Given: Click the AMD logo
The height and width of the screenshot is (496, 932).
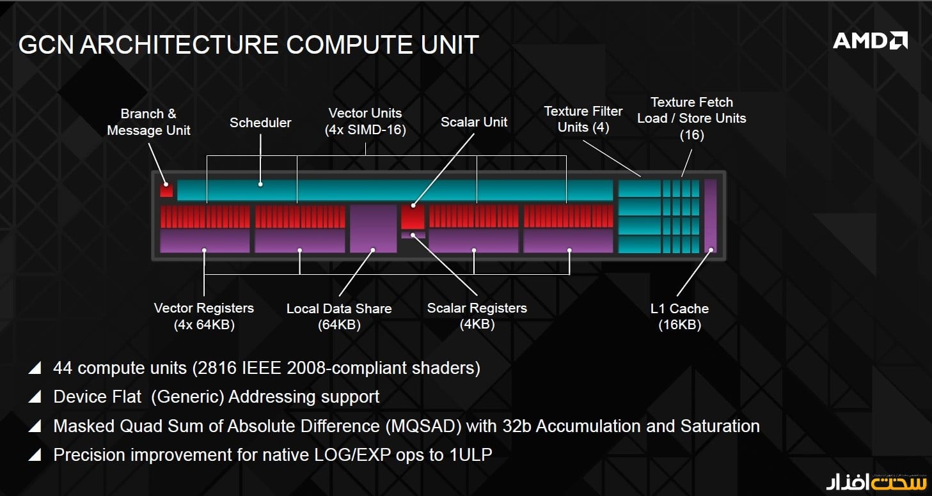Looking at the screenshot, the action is click(x=870, y=41).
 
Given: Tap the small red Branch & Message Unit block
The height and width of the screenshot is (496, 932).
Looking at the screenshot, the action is click(x=166, y=190).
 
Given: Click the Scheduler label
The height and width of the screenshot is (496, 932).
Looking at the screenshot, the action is click(x=260, y=123).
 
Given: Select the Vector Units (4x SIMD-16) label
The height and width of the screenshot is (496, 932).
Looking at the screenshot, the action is click(x=365, y=121).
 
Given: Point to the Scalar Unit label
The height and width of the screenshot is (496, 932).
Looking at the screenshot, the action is click(x=474, y=122).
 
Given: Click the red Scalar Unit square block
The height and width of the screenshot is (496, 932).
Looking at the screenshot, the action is click(x=413, y=217).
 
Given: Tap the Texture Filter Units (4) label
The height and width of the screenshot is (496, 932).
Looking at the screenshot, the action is click(x=583, y=119).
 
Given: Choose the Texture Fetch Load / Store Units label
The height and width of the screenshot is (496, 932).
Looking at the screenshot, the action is click(x=691, y=118).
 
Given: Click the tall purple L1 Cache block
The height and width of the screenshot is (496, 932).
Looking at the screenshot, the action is click(x=710, y=216).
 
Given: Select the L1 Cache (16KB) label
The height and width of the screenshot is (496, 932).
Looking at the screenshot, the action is click(x=679, y=316).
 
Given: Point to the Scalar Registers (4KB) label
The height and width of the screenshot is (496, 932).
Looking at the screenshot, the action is click(x=477, y=316).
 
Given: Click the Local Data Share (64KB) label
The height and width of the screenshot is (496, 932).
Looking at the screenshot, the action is click(x=339, y=316).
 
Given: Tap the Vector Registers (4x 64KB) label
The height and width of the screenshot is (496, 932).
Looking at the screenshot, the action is click(x=204, y=316).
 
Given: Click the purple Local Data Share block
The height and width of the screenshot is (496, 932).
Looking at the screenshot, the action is click(x=373, y=228).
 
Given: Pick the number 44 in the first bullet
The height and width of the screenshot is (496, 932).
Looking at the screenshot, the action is click(x=63, y=368).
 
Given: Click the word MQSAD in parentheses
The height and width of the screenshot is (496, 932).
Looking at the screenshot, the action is click(x=423, y=426).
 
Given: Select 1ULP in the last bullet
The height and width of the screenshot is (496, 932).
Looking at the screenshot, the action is click(x=471, y=455).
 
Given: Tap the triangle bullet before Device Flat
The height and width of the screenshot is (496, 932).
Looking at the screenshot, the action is click(x=35, y=397).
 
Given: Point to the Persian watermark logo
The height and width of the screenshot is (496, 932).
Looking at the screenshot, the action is click(x=876, y=482).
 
